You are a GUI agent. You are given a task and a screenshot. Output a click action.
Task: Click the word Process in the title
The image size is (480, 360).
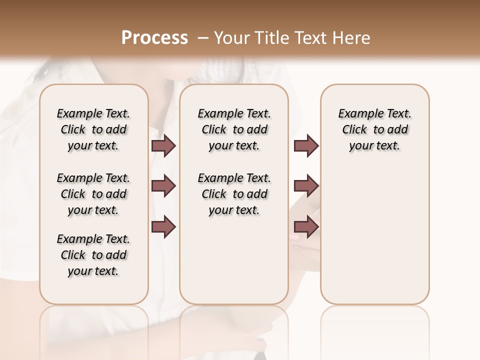154,37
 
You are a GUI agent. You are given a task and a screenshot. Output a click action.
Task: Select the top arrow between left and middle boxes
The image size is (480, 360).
163,145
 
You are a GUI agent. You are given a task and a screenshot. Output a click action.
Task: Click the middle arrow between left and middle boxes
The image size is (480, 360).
163,186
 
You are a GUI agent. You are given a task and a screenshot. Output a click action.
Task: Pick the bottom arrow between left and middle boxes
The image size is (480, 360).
163,226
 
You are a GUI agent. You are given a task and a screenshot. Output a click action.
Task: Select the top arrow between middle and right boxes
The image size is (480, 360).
306,145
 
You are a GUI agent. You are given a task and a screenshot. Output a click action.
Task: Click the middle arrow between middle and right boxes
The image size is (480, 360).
306,186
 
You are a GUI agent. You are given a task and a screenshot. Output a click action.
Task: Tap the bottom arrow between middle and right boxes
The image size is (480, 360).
306,226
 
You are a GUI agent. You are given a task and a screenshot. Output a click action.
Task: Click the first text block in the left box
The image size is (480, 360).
93,129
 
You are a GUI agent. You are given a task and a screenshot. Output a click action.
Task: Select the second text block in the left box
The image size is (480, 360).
93,194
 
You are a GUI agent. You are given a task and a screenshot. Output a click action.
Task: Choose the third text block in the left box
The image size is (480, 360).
93,255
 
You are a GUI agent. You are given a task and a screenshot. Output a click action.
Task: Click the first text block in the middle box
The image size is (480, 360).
234,129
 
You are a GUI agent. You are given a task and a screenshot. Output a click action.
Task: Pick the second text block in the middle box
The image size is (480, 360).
234,194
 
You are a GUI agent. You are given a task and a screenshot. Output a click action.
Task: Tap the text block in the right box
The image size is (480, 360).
375,129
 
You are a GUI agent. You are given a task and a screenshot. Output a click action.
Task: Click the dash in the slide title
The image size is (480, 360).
203,38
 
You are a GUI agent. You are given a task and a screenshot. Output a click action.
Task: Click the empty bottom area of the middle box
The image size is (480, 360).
234,265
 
